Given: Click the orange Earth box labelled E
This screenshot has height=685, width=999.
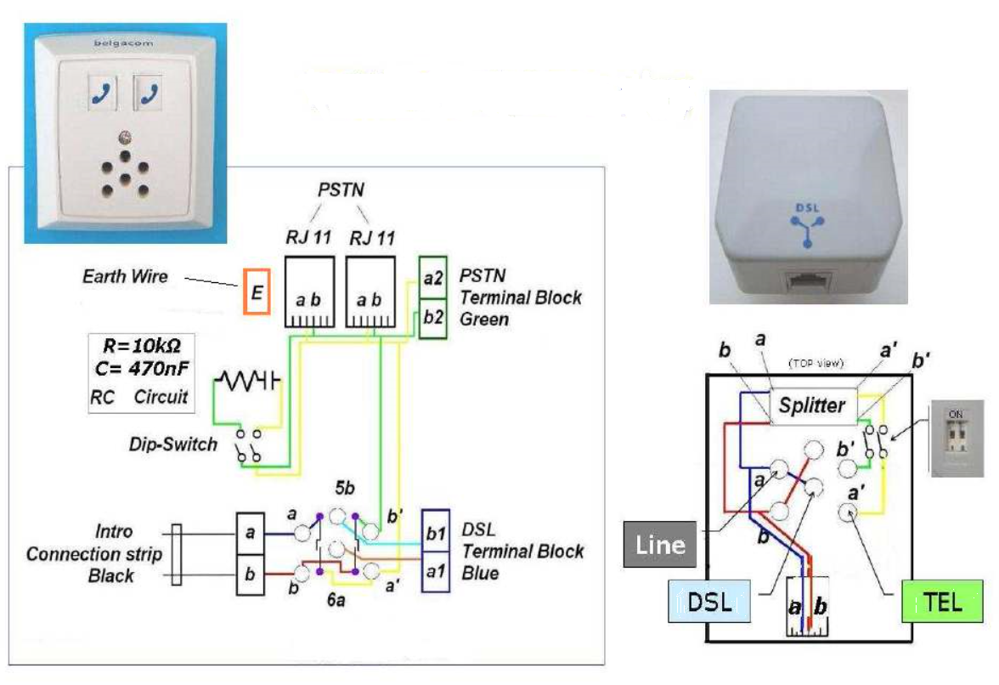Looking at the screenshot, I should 256,292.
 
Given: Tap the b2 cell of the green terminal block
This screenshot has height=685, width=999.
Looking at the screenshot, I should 433,318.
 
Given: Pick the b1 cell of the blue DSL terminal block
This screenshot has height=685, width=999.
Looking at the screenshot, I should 435,535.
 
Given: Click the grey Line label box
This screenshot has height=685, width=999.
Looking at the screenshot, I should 660,545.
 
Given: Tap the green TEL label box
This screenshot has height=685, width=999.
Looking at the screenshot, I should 943,603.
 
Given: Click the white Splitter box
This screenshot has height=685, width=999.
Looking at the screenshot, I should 813,405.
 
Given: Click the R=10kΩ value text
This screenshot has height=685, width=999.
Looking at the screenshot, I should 142,347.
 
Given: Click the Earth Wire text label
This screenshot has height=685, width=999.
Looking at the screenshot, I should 125,276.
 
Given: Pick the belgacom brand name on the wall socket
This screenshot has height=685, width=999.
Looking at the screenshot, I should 116,42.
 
